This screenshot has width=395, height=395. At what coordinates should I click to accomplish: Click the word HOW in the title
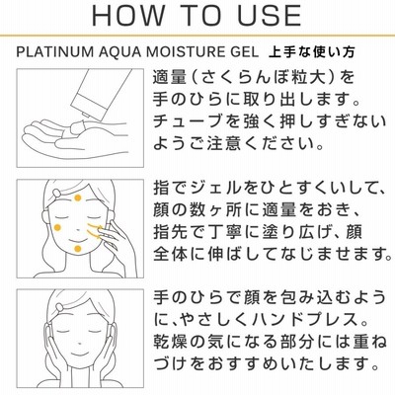click(x=127, y=15)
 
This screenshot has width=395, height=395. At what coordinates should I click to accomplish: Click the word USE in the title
click(x=270, y=15)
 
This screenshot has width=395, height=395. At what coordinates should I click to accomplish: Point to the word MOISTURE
click(x=186, y=52)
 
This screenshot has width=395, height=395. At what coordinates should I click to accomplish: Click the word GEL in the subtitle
click(x=244, y=52)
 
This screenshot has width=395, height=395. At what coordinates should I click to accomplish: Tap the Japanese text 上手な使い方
click(x=311, y=52)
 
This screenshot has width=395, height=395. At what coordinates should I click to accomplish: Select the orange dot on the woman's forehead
click(x=78, y=197)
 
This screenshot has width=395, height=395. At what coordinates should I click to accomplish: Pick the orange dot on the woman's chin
click(x=78, y=249)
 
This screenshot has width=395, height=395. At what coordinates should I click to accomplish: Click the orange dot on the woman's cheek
click(x=57, y=227)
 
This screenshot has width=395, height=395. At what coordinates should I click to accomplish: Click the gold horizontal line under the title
click(x=197, y=35)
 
